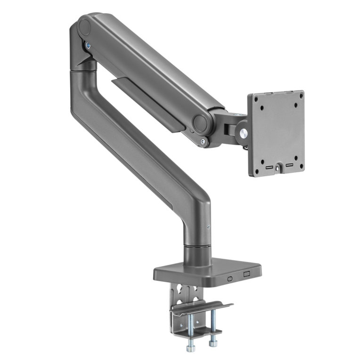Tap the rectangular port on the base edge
[245, 274]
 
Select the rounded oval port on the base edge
[229, 278]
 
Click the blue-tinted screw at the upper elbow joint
[88, 45]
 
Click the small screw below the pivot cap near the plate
[203, 141]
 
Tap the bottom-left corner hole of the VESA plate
[259, 158]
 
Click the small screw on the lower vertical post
[208, 227]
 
